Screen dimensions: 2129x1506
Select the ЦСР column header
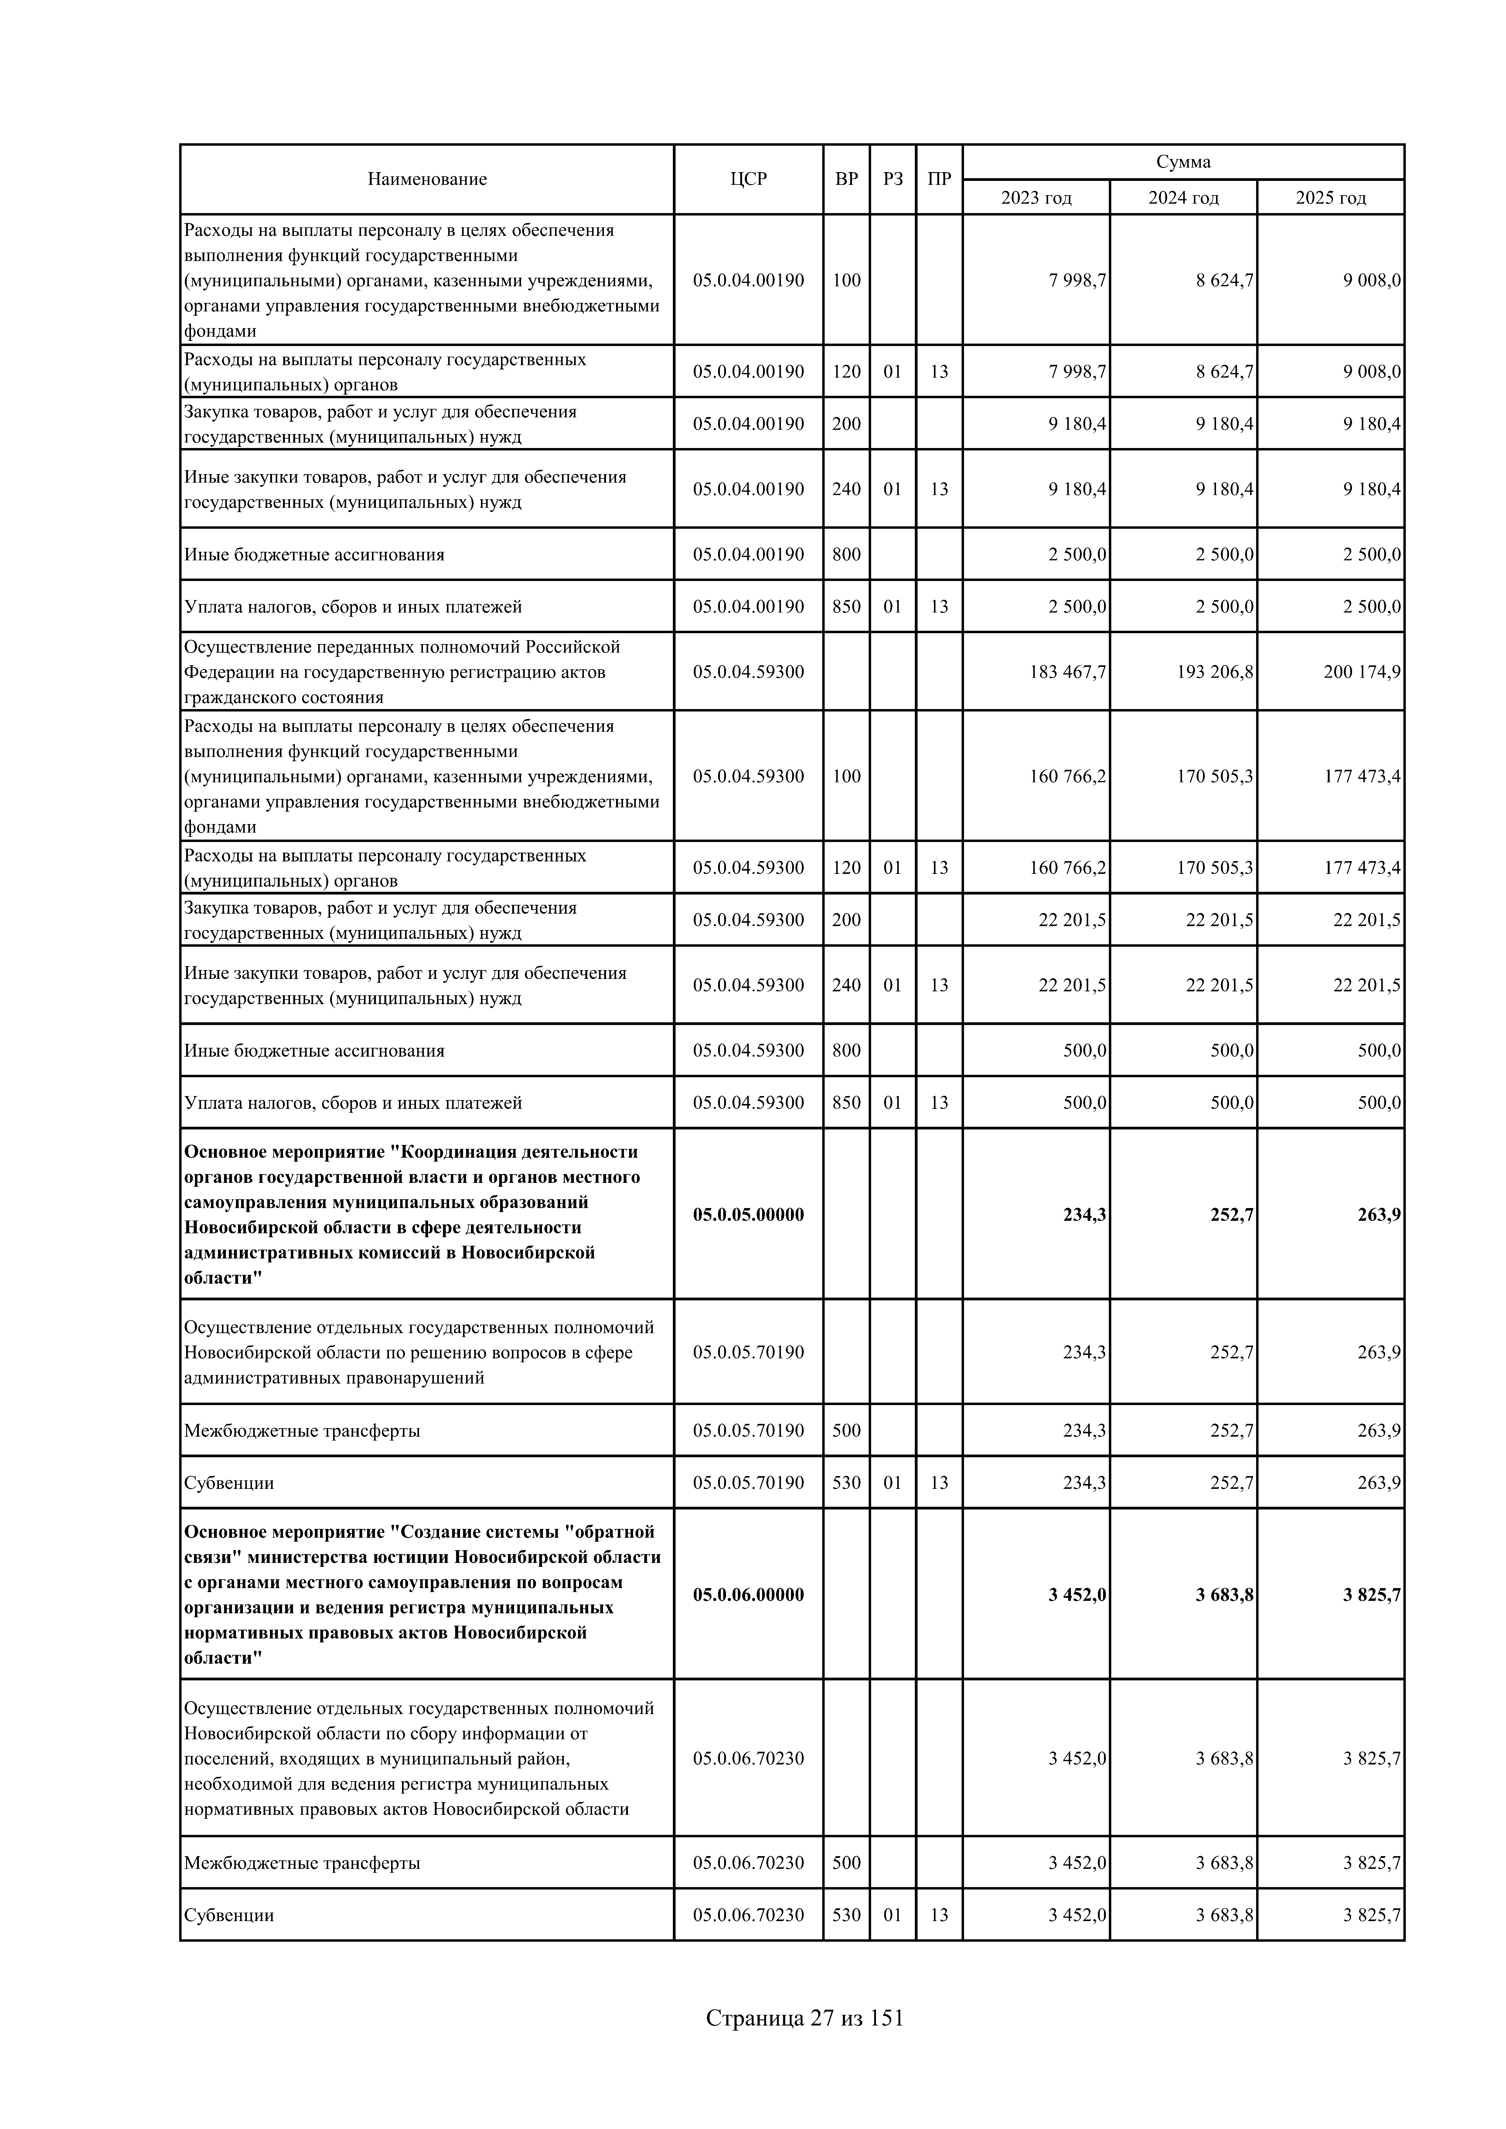click(x=748, y=179)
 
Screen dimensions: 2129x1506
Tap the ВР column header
click(x=846, y=179)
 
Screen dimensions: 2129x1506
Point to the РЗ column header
click(x=892, y=179)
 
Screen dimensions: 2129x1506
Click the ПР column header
click(x=939, y=179)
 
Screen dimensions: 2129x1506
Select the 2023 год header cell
click(x=1036, y=198)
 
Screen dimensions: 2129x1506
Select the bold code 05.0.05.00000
click(x=748, y=1214)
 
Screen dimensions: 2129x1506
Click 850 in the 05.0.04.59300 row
click(x=846, y=1102)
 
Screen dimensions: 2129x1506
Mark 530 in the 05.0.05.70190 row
click(x=846, y=1483)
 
